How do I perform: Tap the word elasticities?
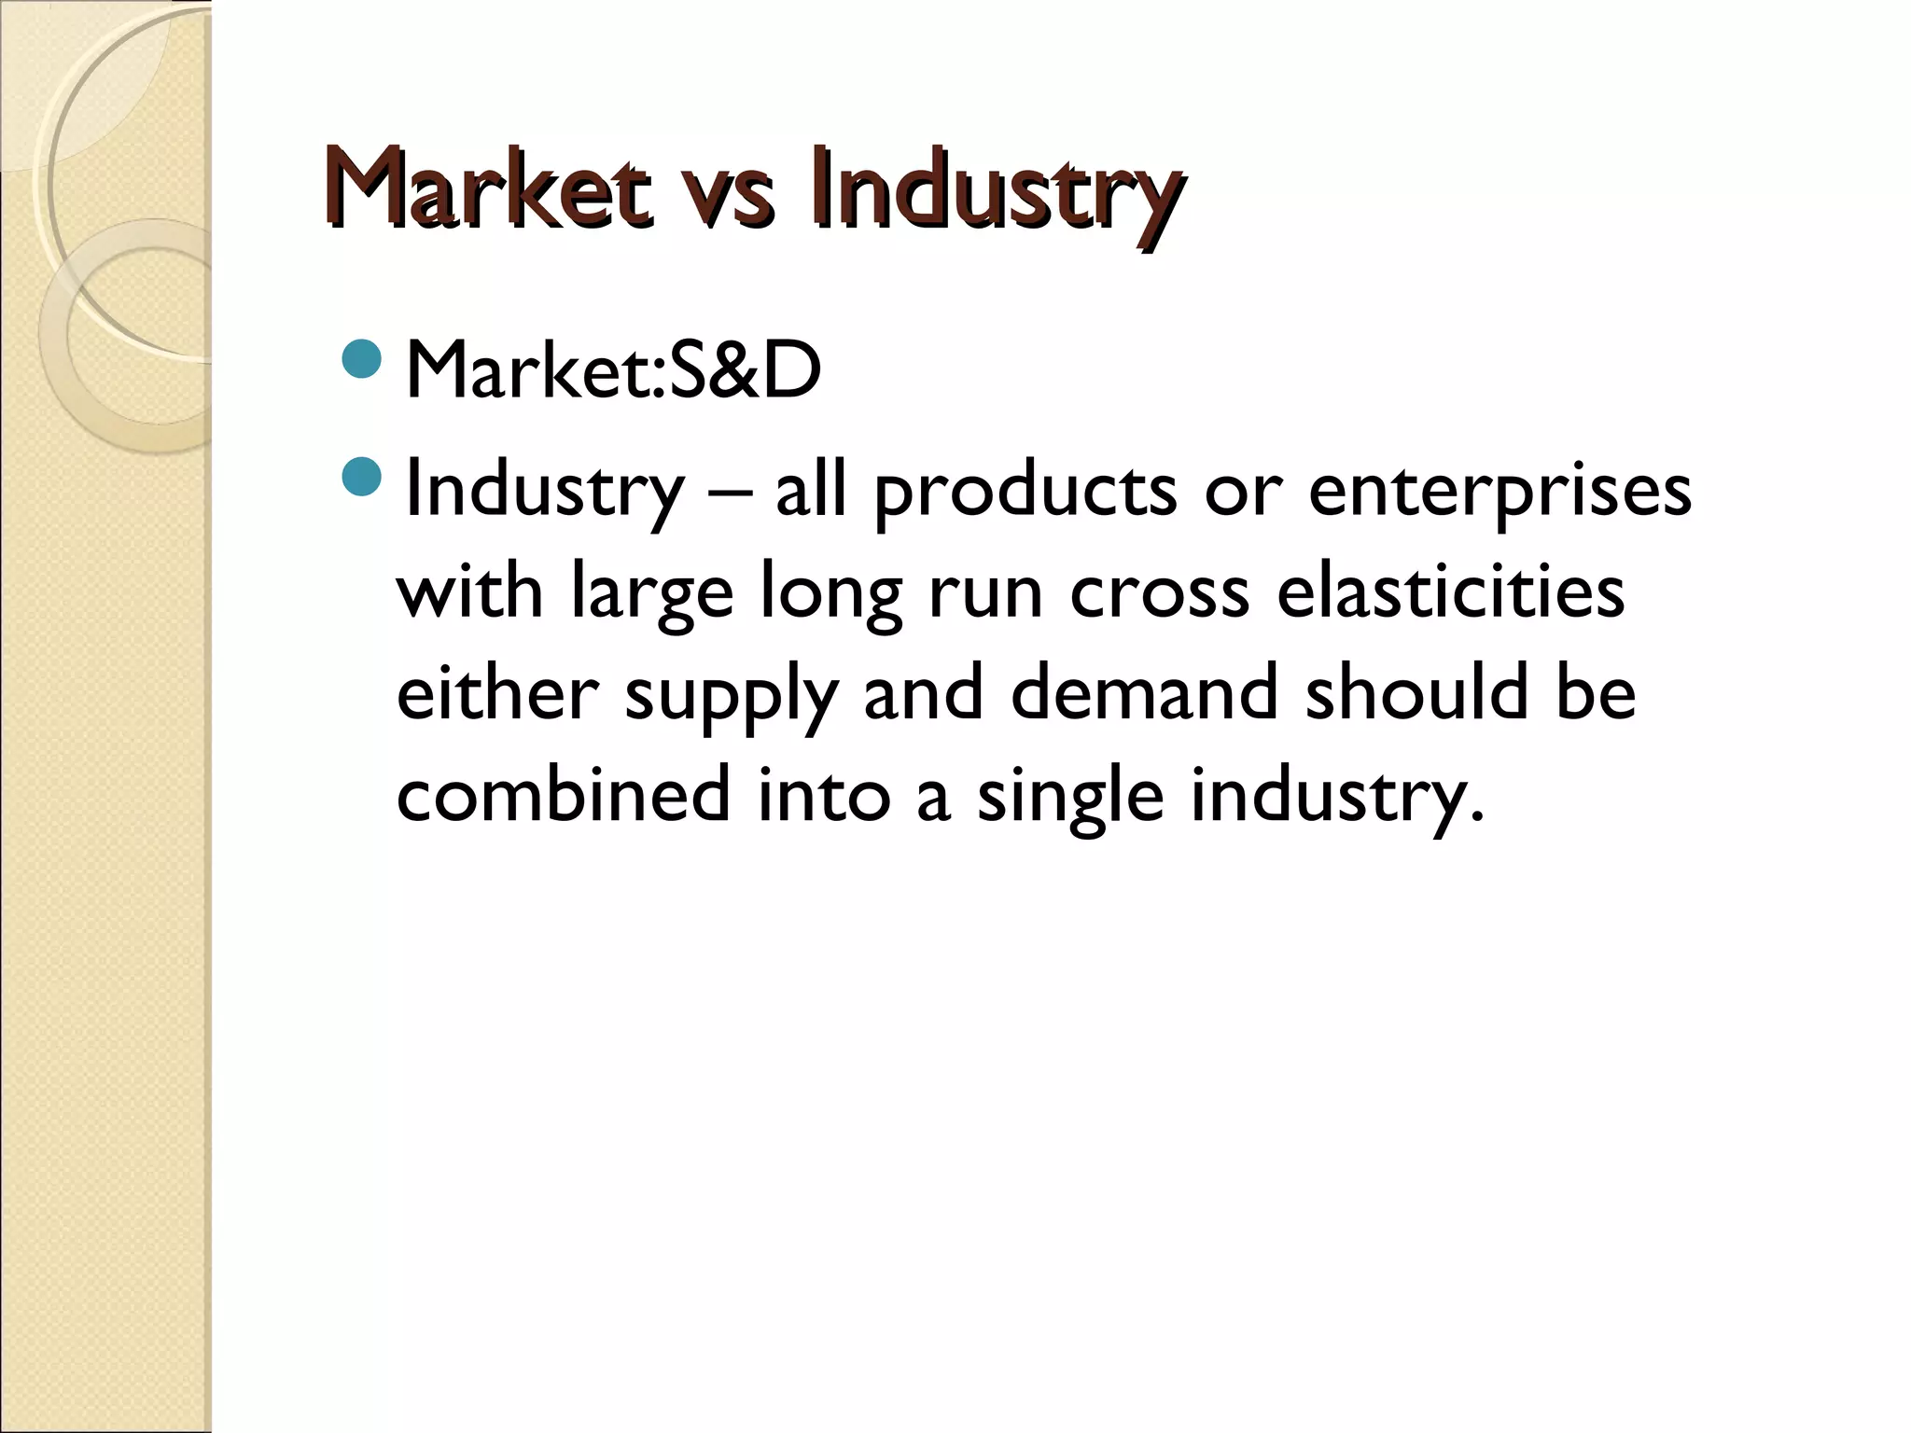(1450, 591)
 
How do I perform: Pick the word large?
(652, 593)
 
